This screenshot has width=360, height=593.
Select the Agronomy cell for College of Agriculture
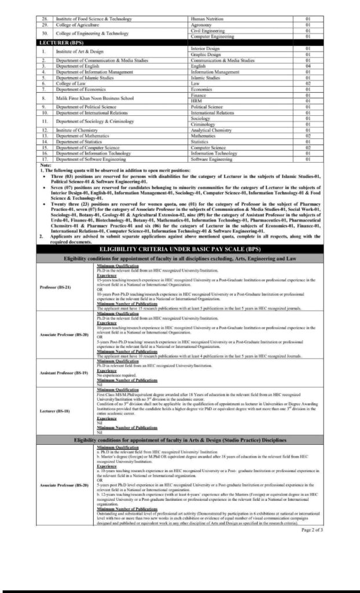202,25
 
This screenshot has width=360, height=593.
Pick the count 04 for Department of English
308,65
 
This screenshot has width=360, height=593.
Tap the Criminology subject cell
203,124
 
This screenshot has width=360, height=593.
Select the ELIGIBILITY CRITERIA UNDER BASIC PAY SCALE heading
179,248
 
